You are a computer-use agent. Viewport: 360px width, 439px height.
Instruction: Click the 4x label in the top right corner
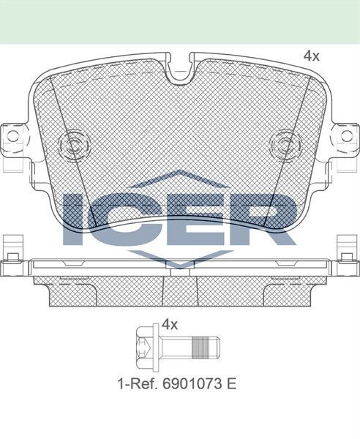(312, 56)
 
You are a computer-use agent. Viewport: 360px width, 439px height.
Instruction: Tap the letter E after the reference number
(233, 383)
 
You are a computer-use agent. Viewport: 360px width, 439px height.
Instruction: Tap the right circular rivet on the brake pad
(283, 143)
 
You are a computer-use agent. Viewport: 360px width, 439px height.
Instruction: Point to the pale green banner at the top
(180, 20)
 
